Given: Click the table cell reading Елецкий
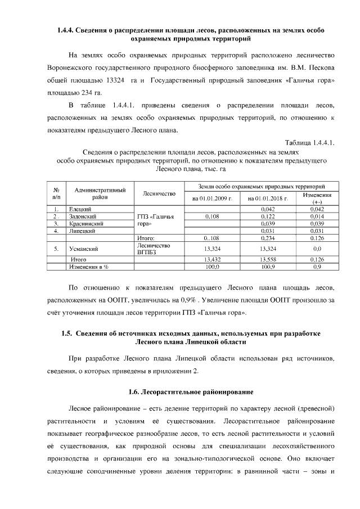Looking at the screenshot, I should point(77,209).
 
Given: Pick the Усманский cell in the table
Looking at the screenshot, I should point(80,249).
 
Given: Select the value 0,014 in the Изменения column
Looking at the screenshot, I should point(317,217).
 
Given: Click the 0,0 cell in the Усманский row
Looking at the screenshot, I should point(317,249).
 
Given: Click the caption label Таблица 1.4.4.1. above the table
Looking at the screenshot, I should point(309,143).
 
